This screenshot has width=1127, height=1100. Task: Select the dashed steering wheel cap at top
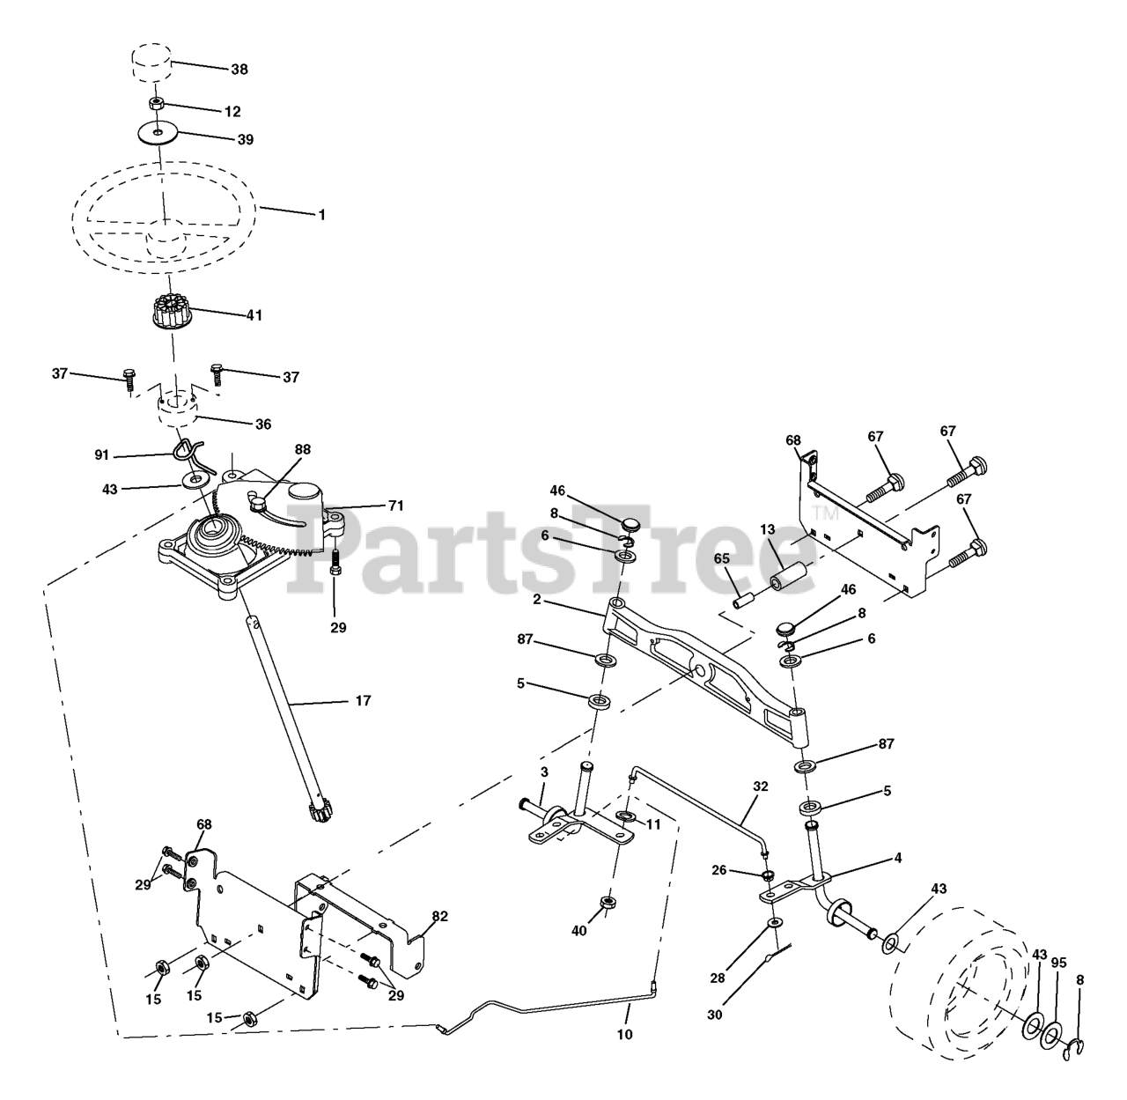[x=151, y=63]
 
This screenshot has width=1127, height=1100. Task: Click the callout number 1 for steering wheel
[x=321, y=214]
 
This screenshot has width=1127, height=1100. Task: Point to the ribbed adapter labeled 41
[x=172, y=313]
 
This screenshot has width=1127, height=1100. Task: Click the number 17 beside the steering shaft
[x=362, y=701]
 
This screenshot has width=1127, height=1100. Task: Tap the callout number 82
[x=439, y=917]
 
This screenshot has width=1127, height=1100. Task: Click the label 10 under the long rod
[x=624, y=1035]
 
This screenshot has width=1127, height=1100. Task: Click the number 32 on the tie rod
[x=760, y=786]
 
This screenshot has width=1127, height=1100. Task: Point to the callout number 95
[x=1058, y=963]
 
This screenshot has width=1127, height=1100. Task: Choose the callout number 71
[x=395, y=506]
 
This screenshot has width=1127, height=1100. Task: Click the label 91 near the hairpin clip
[x=102, y=454]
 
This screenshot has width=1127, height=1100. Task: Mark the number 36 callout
[x=262, y=424]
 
